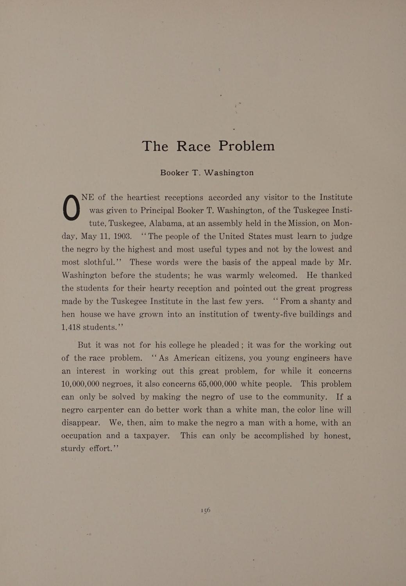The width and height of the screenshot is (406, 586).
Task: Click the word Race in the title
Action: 193,146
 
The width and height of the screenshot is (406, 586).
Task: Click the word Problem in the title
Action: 247,146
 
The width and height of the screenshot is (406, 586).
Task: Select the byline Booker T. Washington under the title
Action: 207,172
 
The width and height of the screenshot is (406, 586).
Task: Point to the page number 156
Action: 206,510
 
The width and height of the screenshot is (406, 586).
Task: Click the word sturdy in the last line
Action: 73,448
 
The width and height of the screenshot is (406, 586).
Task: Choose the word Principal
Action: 157,211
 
